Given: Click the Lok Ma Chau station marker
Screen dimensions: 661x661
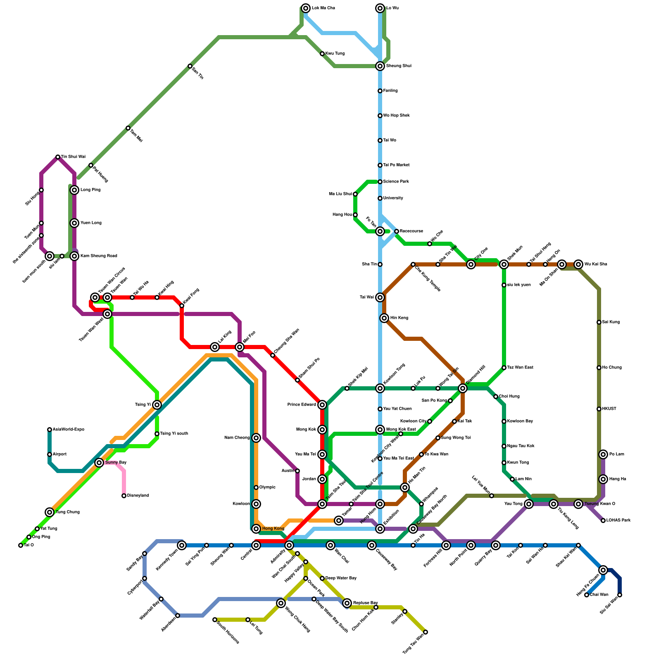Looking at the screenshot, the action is click(306, 8).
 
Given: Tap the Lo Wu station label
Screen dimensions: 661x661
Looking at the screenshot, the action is click(392, 8).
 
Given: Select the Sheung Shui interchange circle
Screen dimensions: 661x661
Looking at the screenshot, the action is click(380, 66).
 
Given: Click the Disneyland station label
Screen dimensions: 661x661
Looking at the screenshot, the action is click(138, 496).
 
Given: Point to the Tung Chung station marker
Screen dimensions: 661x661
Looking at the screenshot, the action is click(50, 512).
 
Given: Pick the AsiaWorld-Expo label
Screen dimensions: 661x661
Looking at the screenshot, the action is click(69, 430).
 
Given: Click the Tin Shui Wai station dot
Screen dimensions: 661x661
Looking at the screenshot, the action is click(58, 157).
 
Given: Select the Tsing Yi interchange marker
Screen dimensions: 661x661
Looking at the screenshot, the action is click(157, 405).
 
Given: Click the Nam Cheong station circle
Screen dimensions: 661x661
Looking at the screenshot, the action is click(256, 438).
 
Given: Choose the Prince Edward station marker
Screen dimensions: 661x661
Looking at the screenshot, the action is click(322, 405).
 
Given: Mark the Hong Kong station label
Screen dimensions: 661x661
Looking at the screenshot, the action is click(273, 529).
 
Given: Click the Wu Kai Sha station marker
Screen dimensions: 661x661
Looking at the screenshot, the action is click(578, 264).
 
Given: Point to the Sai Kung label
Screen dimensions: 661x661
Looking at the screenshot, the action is click(611, 322).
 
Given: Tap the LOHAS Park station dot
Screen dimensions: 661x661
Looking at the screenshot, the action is click(603, 521).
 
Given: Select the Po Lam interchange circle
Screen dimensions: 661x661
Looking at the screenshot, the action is click(603, 454).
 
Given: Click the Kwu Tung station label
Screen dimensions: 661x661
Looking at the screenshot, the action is click(335, 54).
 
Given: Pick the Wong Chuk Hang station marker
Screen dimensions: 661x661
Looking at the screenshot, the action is click(281, 603).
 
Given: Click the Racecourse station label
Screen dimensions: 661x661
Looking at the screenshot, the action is click(411, 231).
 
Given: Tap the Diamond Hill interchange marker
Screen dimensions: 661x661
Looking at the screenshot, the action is click(463, 388).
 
